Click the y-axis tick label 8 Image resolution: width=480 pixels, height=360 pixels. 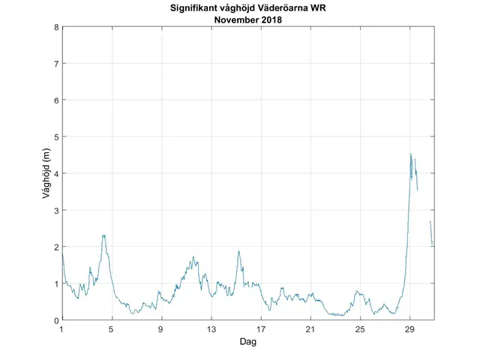click(56, 27)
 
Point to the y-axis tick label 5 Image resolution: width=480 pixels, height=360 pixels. click(56, 136)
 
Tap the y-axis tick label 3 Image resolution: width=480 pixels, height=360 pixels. click(56, 210)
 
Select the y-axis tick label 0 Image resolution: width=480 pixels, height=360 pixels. click(56, 320)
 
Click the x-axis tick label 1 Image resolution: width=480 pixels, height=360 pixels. click(61, 329)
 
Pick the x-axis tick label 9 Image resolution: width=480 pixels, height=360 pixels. click(160, 329)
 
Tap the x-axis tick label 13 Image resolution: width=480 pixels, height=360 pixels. click(211, 329)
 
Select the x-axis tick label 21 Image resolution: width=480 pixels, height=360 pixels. click(310, 329)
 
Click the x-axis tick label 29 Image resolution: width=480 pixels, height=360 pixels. click(409, 329)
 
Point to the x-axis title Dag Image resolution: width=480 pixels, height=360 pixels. click(247, 341)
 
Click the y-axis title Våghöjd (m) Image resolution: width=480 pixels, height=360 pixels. click(46, 173)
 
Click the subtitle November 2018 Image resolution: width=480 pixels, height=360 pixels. click(247, 19)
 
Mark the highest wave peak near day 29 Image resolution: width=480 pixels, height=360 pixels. click(410, 154)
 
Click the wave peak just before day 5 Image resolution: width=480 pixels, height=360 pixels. click(103, 235)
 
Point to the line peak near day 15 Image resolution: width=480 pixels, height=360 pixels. click(238, 251)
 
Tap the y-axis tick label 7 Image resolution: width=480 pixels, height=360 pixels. click(56, 64)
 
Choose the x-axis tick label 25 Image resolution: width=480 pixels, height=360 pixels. click(360, 329)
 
